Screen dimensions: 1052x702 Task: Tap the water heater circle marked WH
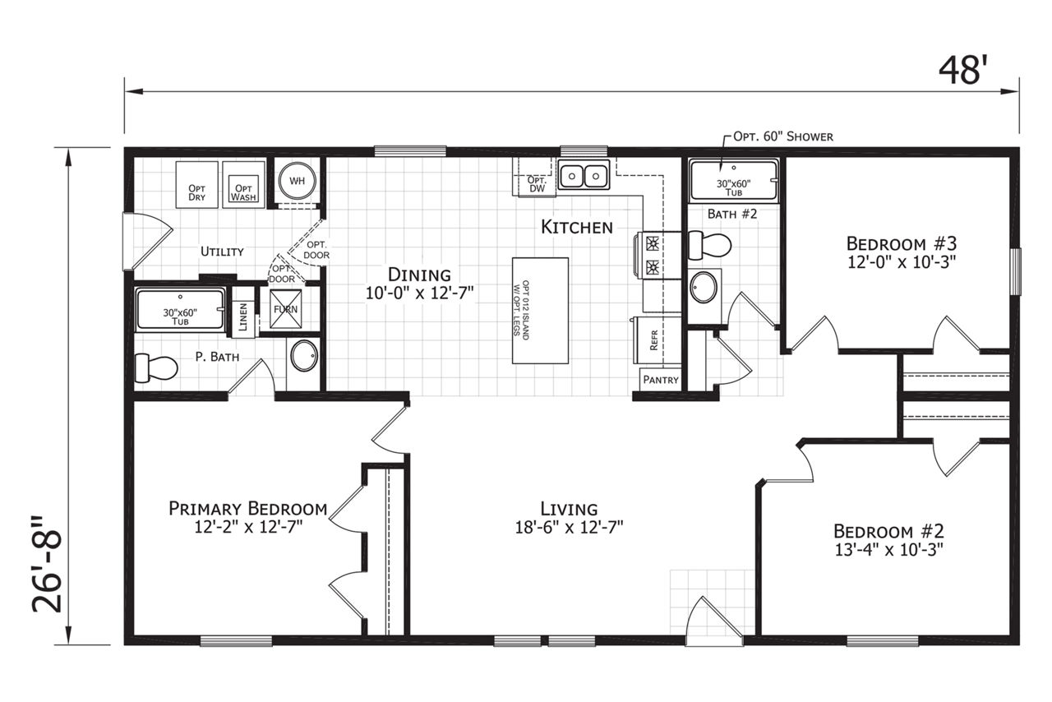[297, 181]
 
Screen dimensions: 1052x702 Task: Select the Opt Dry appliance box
[196, 185]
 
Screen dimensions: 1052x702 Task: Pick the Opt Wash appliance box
[243, 185]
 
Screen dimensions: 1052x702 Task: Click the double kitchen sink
[584, 176]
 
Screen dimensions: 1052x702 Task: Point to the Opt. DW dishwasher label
[537, 184]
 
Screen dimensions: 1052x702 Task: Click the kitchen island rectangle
[540, 310]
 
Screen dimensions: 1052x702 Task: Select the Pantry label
[661, 380]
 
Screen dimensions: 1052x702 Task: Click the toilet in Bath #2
[709, 245]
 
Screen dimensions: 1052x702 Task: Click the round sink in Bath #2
[704, 287]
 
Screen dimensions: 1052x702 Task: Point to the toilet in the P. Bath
[156, 367]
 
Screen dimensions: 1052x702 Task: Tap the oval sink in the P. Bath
[304, 357]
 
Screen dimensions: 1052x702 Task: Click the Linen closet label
[242, 317]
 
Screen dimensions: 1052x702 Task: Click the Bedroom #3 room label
[902, 244]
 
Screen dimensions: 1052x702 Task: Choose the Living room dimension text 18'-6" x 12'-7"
[570, 527]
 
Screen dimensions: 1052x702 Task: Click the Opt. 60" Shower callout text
[783, 136]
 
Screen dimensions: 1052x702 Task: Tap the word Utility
[222, 252]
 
